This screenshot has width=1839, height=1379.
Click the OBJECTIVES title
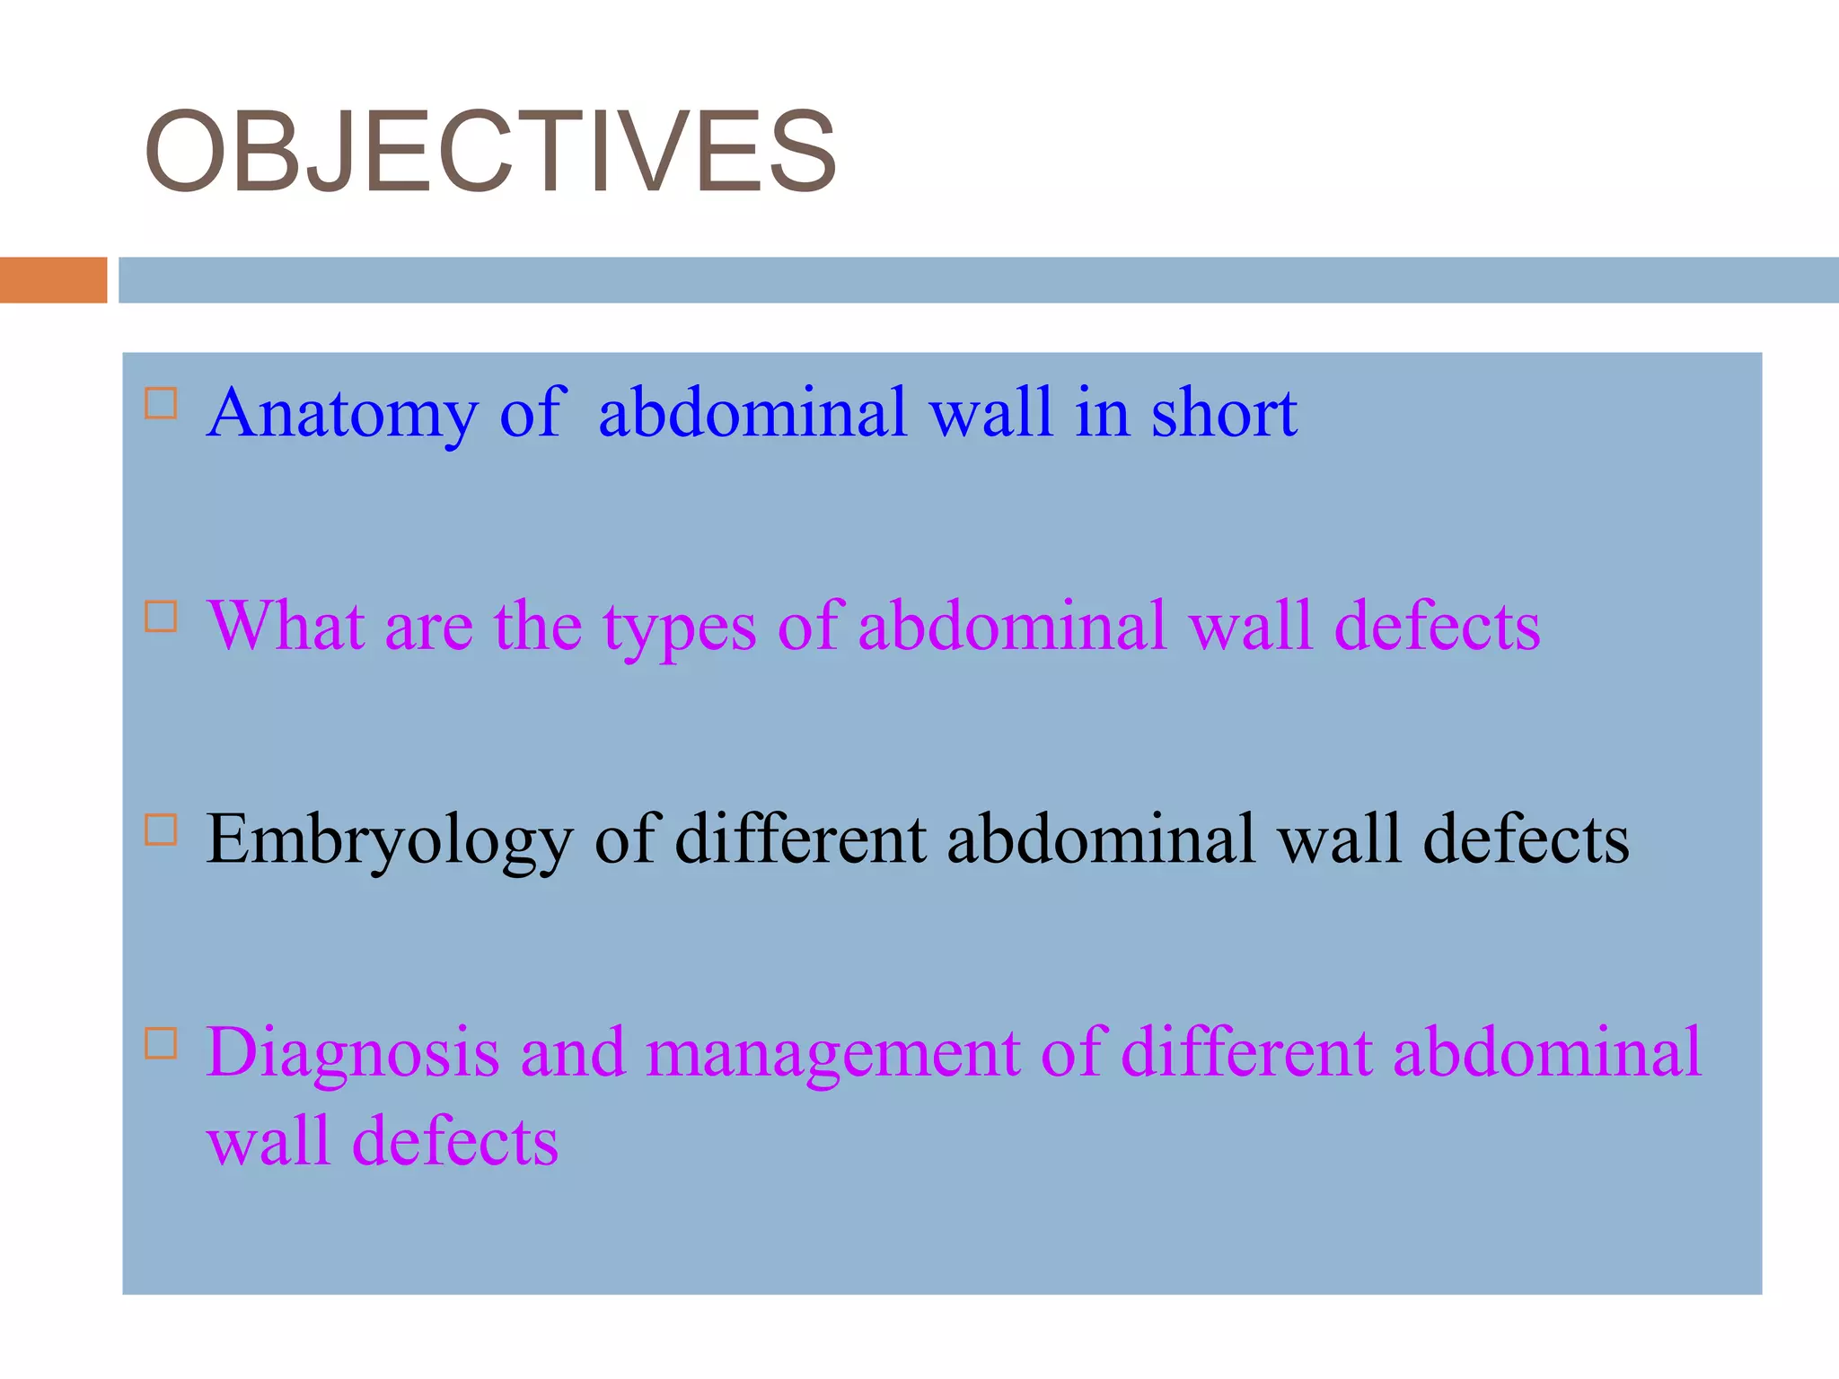(490, 151)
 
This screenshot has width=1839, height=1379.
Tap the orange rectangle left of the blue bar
(53, 280)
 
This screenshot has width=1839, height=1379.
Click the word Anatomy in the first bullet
(342, 413)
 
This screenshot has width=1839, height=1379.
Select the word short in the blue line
(1224, 413)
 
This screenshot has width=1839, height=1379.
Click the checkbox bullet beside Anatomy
(161, 404)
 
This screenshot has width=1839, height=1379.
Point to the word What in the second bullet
(285, 626)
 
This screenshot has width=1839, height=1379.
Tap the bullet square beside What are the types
(161, 617)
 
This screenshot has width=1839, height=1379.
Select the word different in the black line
(801, 839)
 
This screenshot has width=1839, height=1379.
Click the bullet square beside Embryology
(161, 830)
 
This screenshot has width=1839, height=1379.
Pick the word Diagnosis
(352, 1053)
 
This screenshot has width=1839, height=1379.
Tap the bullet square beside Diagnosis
(161, 1043)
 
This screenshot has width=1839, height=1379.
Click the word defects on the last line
(455, 1141)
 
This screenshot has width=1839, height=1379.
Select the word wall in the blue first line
(990, 413)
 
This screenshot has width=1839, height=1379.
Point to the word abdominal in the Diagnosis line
(1546, 1052)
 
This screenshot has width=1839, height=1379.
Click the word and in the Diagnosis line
(572, 1052)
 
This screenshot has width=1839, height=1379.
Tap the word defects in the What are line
(1437, 626)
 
